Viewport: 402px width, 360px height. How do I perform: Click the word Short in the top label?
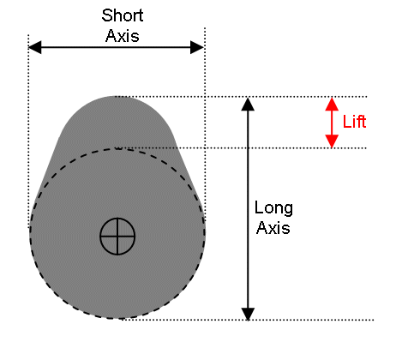coord(123,15)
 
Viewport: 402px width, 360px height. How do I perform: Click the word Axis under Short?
coord(123,36)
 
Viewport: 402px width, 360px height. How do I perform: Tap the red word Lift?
coord(354,122)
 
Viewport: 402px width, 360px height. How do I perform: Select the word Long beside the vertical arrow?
coord(273,208)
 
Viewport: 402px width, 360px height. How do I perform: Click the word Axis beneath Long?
coord(273,228)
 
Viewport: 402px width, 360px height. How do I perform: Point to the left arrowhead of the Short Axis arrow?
coord(35,47)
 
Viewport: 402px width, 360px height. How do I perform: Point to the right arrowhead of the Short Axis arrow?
coord(197,47)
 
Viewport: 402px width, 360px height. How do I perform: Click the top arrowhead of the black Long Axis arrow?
coord(248,104)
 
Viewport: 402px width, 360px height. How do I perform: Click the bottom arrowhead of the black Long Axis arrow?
coord(248,314)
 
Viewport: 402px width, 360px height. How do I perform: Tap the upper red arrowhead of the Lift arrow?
coord(332,104)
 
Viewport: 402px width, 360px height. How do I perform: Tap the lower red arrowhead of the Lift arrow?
coord(332,141)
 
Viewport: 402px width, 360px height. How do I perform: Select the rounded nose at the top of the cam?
coord(117,114)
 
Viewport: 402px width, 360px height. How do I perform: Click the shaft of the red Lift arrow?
coord(332,123)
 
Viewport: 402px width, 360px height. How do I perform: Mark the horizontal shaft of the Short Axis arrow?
coord(116,47)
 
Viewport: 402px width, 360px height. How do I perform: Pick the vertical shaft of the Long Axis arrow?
coord(248,209)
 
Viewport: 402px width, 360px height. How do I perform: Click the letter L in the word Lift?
coord(346,122)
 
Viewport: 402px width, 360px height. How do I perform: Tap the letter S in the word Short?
coord(106,15)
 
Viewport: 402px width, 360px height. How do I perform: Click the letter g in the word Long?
coord(288,211)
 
